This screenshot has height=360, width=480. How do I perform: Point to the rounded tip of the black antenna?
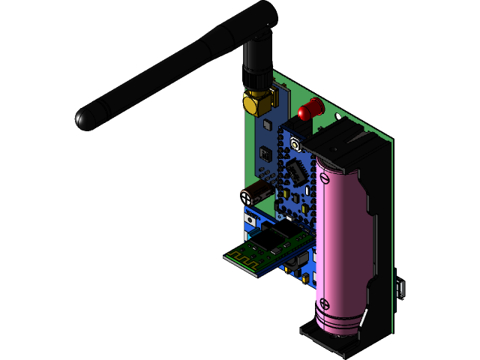pyautogui.click(x=84, y=119)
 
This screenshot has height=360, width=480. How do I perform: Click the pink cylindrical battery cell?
pyautogui.click(x=343, y=240)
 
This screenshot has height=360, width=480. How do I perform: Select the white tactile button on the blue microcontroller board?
pyautogui.click(x=295, y=145)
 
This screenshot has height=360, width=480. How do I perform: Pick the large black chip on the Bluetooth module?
pyautogui.click(x=269, y=241)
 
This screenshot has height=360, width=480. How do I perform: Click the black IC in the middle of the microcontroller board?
pyautogui.click(x=298, y=173)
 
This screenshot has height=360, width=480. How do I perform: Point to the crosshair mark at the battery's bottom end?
pyautogui.click(x=324, y=304)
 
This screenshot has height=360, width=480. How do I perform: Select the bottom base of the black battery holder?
pyautogui.click(x=337, y=341)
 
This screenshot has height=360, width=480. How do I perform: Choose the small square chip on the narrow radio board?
pyautogui.click(x=265, y=154)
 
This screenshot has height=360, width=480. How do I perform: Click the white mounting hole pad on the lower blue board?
pyautogui.click(x=250, y=219)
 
